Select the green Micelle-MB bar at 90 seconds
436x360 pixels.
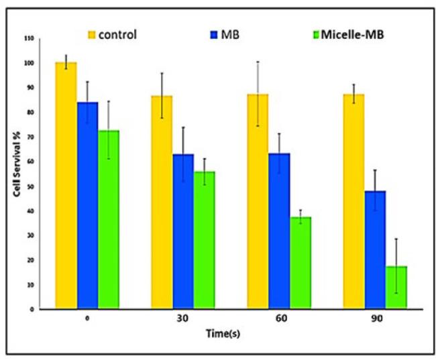[x=396, y=288]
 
